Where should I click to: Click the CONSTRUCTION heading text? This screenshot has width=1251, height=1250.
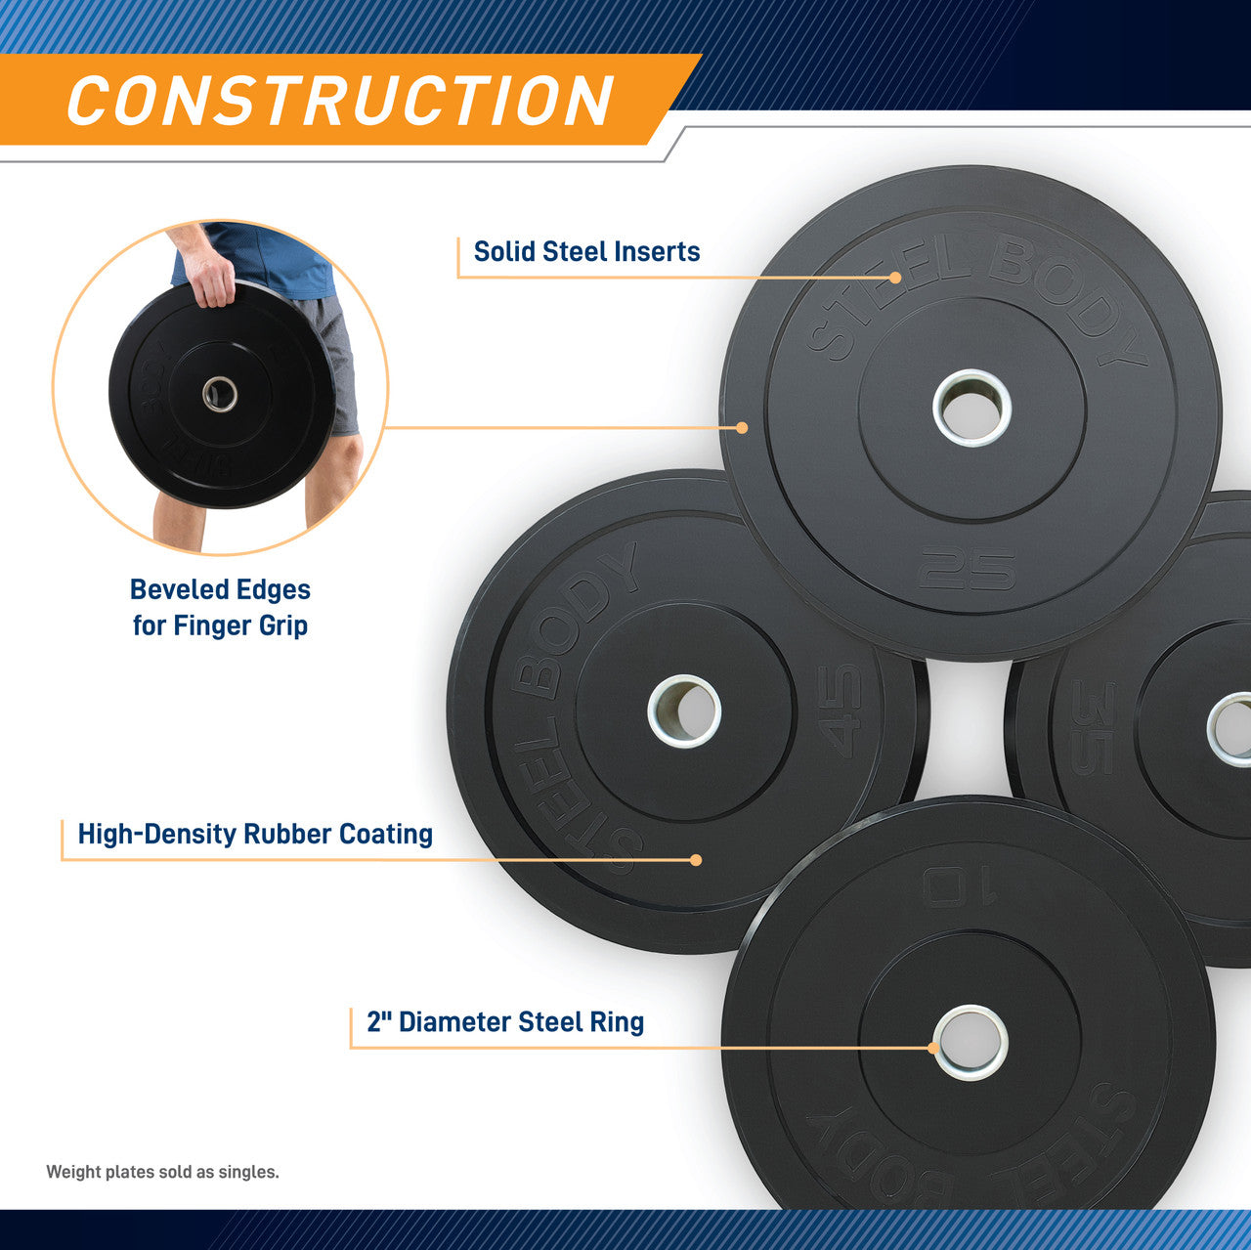coord(339,101)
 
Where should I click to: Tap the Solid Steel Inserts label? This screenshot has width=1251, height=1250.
coord(586,252)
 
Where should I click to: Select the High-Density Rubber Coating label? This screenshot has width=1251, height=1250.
coord(255,835)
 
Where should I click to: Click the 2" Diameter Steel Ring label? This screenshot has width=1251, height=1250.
coord(505,1022)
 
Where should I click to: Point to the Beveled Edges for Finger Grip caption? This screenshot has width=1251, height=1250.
coord(221,607)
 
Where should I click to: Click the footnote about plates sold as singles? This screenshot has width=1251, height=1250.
coord(162,1172)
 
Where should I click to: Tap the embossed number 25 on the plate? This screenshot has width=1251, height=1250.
coord(967,568)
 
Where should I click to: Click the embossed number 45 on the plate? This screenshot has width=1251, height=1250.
coord(841,711)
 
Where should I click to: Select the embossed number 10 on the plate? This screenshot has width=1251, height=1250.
coord(959,886)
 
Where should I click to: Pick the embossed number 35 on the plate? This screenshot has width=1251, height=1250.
coord(1093,727)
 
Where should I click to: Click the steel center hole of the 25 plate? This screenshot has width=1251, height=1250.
coord(971,407)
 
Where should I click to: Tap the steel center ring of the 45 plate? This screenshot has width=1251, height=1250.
coord(684,711)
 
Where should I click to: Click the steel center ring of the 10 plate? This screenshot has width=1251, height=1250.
coord(971,1043)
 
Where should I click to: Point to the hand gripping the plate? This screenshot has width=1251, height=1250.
coord(210,276)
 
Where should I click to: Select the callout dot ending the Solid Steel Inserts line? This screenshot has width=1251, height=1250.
coord(895,278)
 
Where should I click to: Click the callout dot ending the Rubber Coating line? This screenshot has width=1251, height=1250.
coord(696,860)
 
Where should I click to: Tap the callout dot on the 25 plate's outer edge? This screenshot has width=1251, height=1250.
coord(742,428)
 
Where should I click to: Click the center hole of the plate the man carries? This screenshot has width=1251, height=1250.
coord(220,394)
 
